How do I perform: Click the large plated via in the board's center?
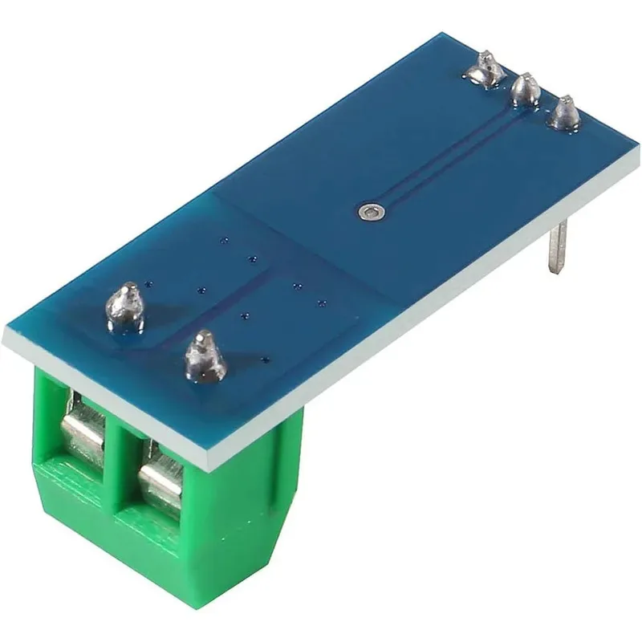(370, 212)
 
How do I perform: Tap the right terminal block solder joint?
(205, 357)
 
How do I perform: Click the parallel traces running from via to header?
(449, 152)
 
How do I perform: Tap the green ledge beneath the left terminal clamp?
(68, 473)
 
